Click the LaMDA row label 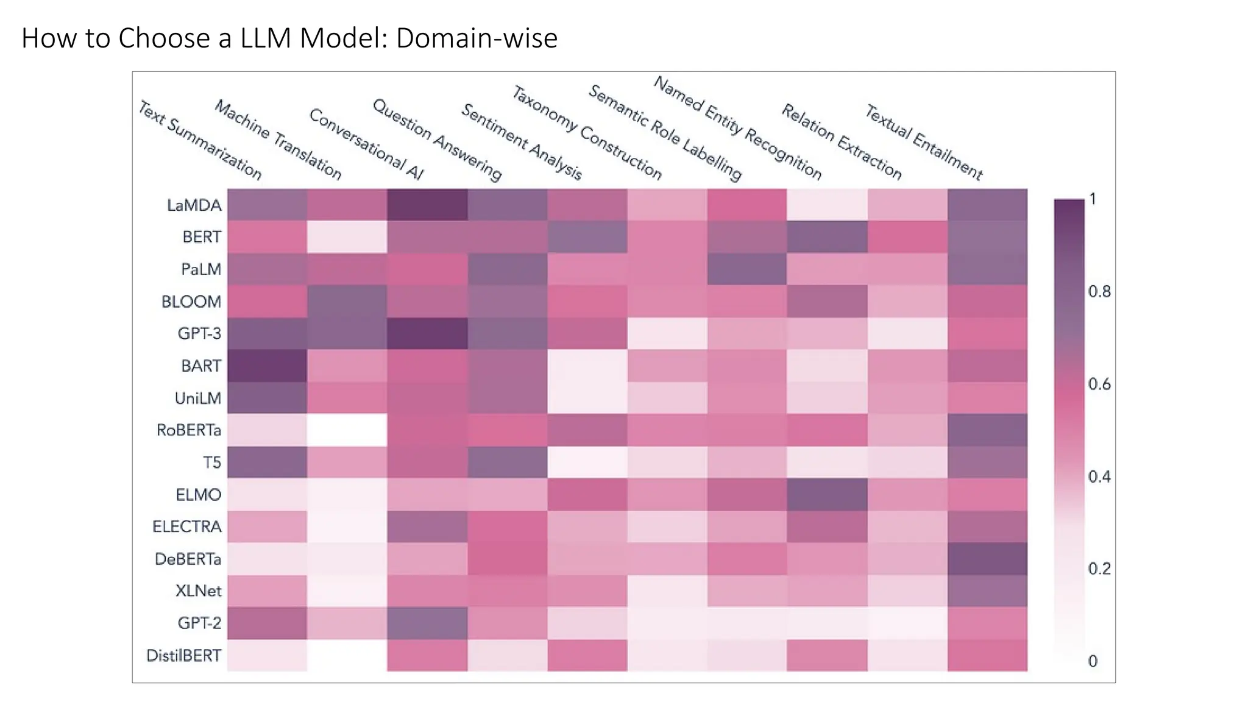click(194, 205)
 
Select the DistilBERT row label click(183, 656)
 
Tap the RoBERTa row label click(188, 430)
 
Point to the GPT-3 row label click(199, 334)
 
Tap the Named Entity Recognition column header click(737, 128)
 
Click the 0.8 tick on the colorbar click(1099, 292)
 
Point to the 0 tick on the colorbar click(1093, 661)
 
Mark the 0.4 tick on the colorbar click(1099, 477)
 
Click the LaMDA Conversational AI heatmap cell click(427, 205)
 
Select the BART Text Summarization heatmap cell click(267, 366)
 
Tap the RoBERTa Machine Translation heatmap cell click(347, 430)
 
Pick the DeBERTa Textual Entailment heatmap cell click(987, 559)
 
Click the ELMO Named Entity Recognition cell click(827, 494)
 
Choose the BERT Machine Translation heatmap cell click(347, 237)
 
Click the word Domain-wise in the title click(477, 38)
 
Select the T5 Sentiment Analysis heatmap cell click(587, 463)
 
